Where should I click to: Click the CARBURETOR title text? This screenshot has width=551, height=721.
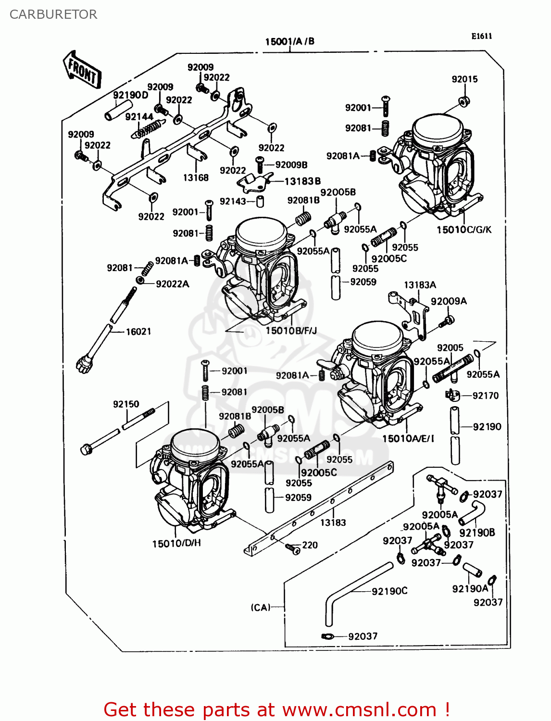coord(53,14)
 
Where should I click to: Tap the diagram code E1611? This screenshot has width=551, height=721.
coord(481,36)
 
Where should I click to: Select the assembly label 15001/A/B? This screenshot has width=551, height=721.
coord(289,41)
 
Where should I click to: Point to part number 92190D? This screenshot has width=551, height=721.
coord(131,95)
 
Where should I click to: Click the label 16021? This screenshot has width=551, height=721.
coord(138,332)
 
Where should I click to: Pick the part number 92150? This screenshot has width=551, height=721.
coord(126,404)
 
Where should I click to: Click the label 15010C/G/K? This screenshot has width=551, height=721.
coord(464,230)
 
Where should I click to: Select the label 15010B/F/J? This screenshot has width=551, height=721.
coord(291,331)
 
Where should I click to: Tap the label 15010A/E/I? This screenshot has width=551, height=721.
coord(408,438)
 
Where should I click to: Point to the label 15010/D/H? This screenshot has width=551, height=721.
coord(176,543)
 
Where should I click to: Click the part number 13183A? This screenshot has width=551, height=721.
coord(420,285)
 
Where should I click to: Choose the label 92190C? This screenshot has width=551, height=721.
coord(389,591)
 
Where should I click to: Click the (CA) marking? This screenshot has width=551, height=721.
coord(261,608)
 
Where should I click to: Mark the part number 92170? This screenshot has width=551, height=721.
coord(486,396)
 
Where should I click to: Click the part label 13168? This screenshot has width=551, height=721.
coord(196,178)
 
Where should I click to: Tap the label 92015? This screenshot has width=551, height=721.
coord(464,79)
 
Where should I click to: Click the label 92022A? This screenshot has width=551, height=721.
coord(173,284)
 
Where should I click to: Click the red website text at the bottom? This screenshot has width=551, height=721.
coord(276,709)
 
